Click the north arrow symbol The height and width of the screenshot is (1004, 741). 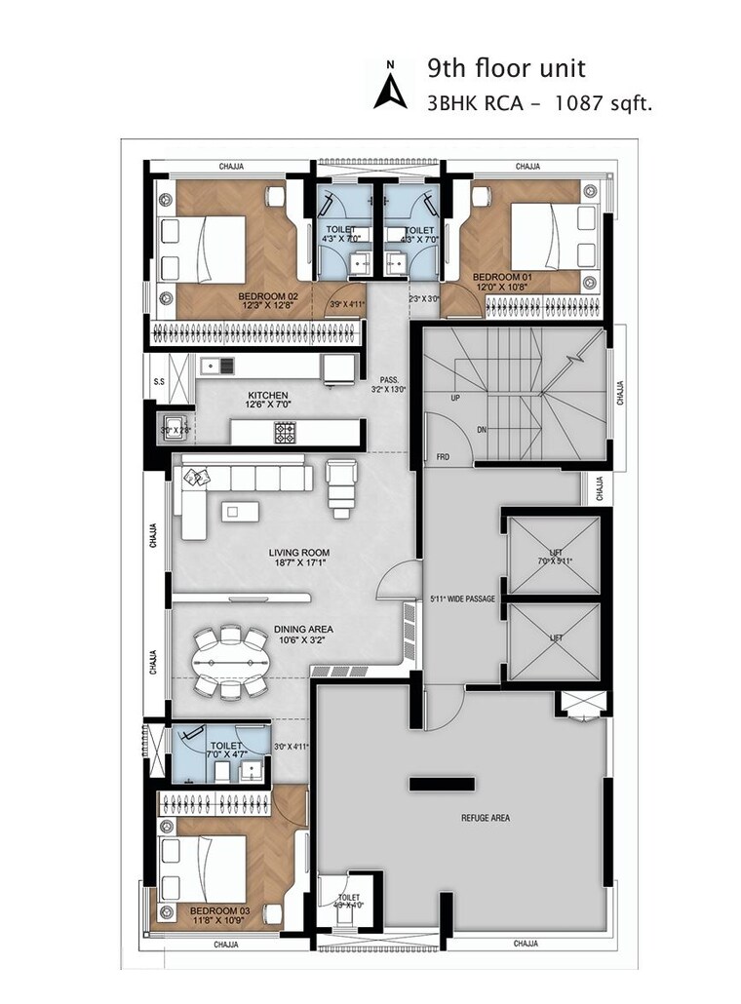coord(390,86)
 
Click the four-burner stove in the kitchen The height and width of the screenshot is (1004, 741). coord(285,432)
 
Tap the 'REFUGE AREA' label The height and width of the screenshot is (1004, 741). coord(486,818)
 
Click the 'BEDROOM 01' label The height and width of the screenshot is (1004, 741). coord(503,277)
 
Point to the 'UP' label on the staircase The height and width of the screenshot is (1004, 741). coord(455,399)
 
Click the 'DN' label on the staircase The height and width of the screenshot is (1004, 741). coord(482,428)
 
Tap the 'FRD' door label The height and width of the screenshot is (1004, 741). coord(443,455)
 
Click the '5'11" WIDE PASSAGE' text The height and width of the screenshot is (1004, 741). coord(464,597)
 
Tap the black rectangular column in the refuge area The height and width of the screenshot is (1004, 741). coord(436,783)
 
